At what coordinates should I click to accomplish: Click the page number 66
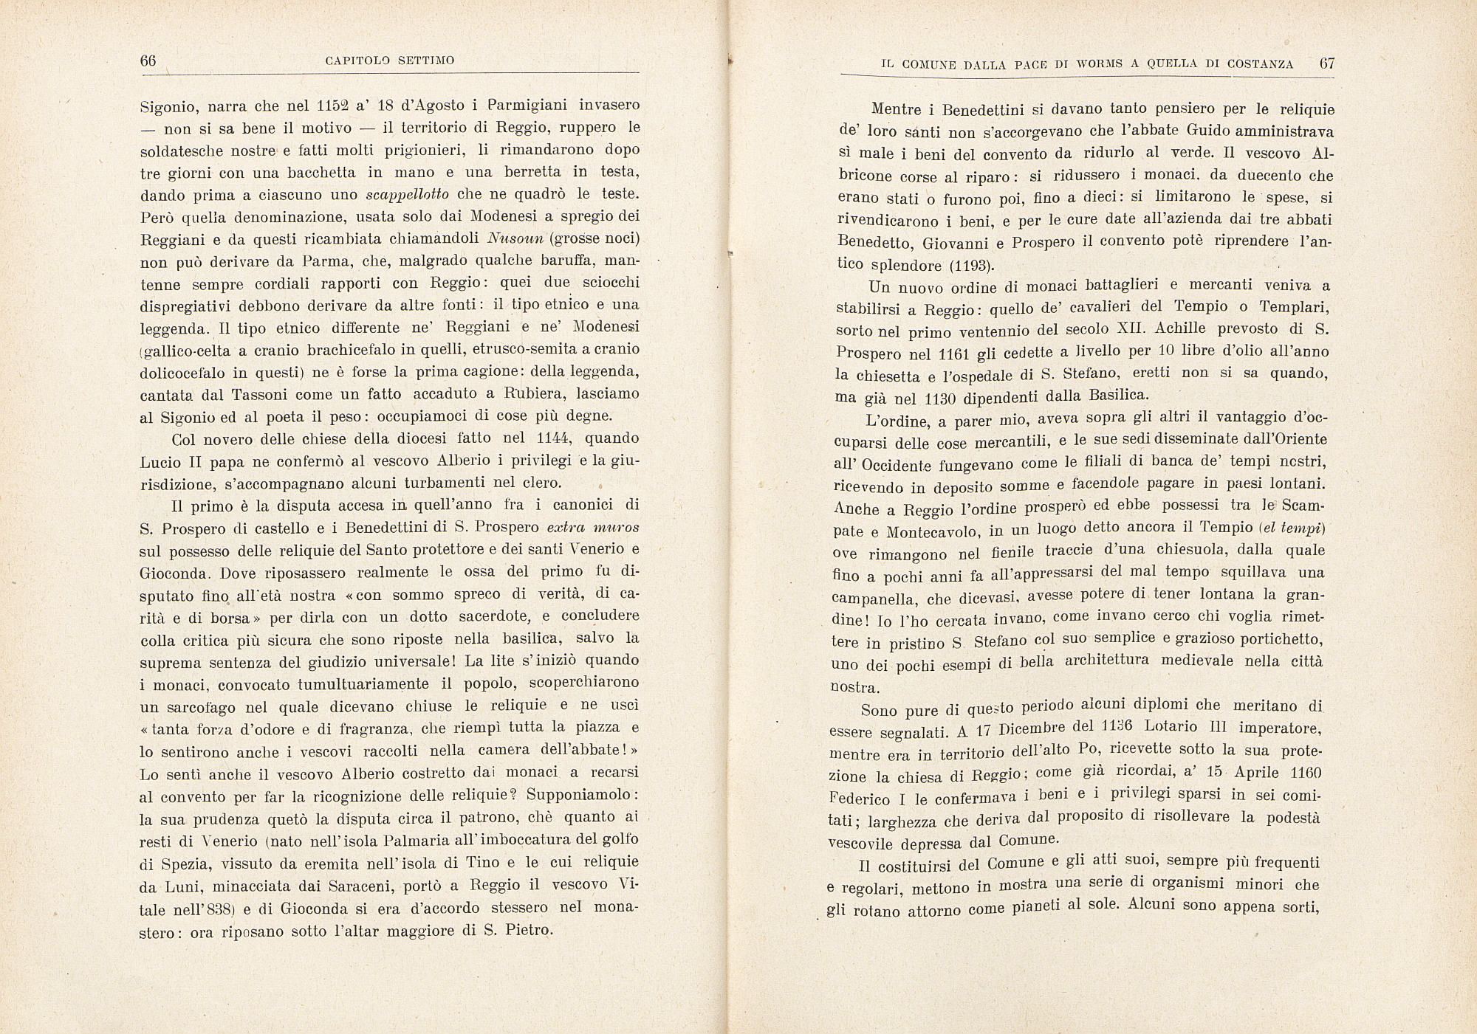click(148, 61)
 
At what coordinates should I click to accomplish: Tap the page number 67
click(1327, 63)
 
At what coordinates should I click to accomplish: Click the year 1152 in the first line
click(326, 105)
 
